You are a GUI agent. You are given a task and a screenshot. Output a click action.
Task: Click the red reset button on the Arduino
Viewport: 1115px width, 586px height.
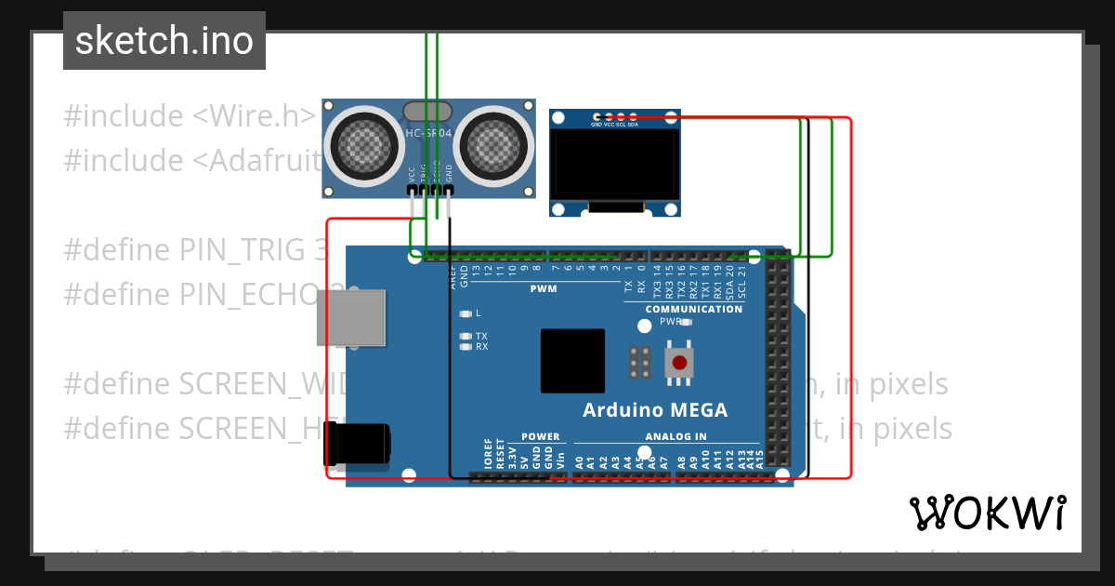coord(679,362)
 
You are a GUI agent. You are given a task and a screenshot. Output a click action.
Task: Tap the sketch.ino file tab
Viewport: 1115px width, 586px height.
coord(164,41)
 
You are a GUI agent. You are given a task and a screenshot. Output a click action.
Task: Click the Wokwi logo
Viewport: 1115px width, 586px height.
coord(987,513)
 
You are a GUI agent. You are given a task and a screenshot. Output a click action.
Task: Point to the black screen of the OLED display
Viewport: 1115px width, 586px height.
coord(614,163)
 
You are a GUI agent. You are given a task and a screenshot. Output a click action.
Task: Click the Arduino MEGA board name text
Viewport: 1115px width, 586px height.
coord(655,410)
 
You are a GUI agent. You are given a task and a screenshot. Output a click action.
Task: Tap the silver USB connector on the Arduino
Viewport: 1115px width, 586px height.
coord(350,317)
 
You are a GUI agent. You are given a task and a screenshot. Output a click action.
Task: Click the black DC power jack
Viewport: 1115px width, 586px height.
coord(357,446)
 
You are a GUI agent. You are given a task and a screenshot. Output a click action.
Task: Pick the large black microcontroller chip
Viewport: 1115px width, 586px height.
coord(572,360)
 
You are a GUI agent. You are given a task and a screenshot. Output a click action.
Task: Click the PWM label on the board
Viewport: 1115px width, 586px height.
coord(544,289)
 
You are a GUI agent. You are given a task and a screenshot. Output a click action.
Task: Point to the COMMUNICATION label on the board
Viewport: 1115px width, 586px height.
coord(694,309)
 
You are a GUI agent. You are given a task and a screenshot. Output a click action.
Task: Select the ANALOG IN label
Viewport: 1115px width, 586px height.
coord(676,436)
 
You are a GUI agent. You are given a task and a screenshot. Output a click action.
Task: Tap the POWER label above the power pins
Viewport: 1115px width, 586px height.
coord(540,436)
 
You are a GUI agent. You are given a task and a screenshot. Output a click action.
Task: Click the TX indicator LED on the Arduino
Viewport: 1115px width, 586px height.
coord(466,336)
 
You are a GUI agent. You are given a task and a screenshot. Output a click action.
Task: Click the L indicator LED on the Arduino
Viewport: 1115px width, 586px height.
coord(466,313)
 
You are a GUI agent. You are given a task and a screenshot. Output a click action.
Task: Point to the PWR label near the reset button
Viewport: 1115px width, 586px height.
coord(671,321)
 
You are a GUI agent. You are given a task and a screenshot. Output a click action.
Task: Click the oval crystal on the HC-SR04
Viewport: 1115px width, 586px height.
coord(427,113)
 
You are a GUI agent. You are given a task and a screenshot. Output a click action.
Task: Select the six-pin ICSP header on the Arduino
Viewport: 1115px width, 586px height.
coord(639,362)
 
